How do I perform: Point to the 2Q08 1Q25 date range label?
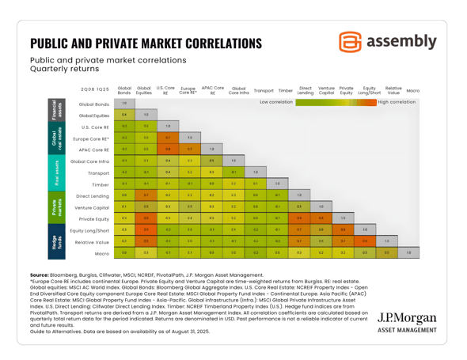coord(92,91)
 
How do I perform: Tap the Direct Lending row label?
coord(93,194)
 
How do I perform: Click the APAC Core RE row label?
coord(94,149)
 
